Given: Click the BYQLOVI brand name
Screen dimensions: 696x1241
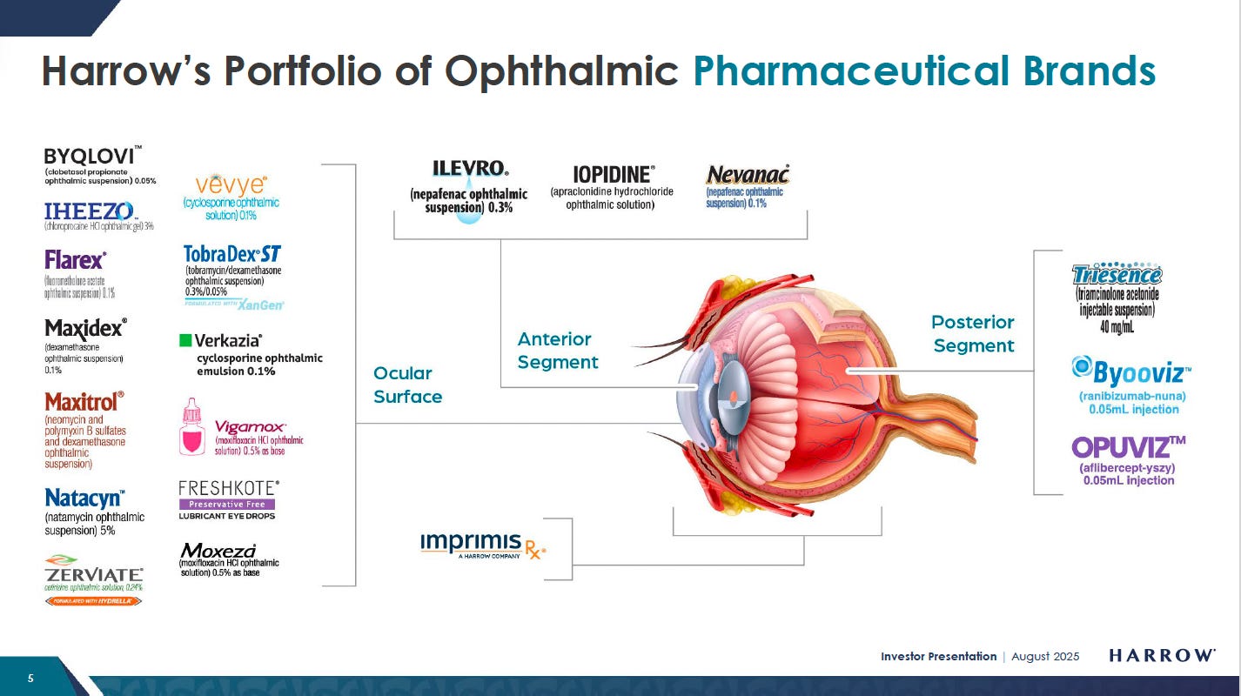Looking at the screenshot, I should [90, 157].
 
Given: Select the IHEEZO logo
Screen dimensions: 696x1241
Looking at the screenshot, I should [89, 211].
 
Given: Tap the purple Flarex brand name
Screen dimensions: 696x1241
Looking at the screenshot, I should [76, 260].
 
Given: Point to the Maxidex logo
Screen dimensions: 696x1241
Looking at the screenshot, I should [85, 329].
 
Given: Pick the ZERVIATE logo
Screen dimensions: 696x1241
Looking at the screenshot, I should [94, 575].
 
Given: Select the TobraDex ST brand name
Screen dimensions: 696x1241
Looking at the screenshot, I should [232, 254].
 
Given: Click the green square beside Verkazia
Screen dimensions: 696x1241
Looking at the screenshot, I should [185, 340].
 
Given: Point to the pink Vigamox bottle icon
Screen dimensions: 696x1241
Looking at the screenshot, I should [191, 427].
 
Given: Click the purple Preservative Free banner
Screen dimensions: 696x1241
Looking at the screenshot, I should [227, 504].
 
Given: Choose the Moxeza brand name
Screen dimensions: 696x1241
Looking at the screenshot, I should [218, 551].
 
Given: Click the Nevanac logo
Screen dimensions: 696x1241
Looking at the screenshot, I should [748, 175].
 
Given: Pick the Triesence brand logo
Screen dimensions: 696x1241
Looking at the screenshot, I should [1117, 276].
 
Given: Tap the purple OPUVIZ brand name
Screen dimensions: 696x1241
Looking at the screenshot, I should [1128, 447].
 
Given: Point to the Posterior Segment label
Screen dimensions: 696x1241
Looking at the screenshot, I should [973, 334].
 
